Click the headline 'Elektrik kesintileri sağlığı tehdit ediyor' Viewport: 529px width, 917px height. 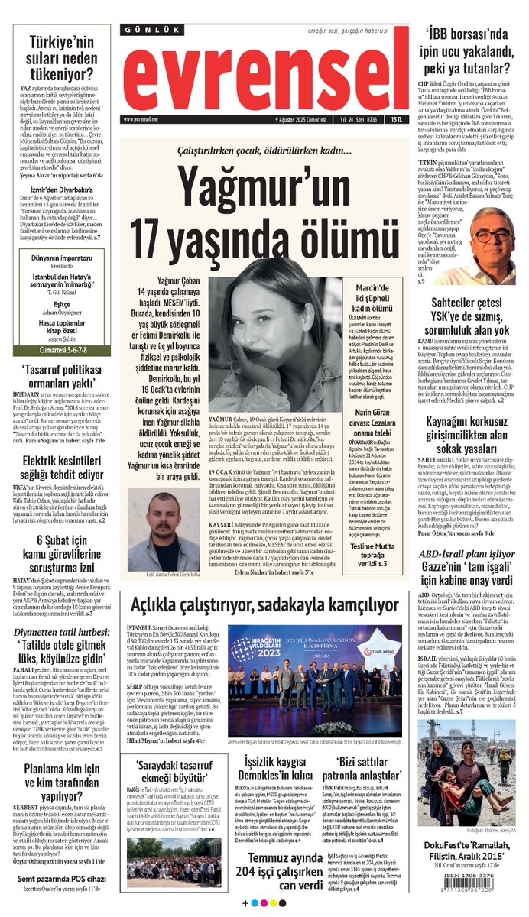(x=58, y=468)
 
